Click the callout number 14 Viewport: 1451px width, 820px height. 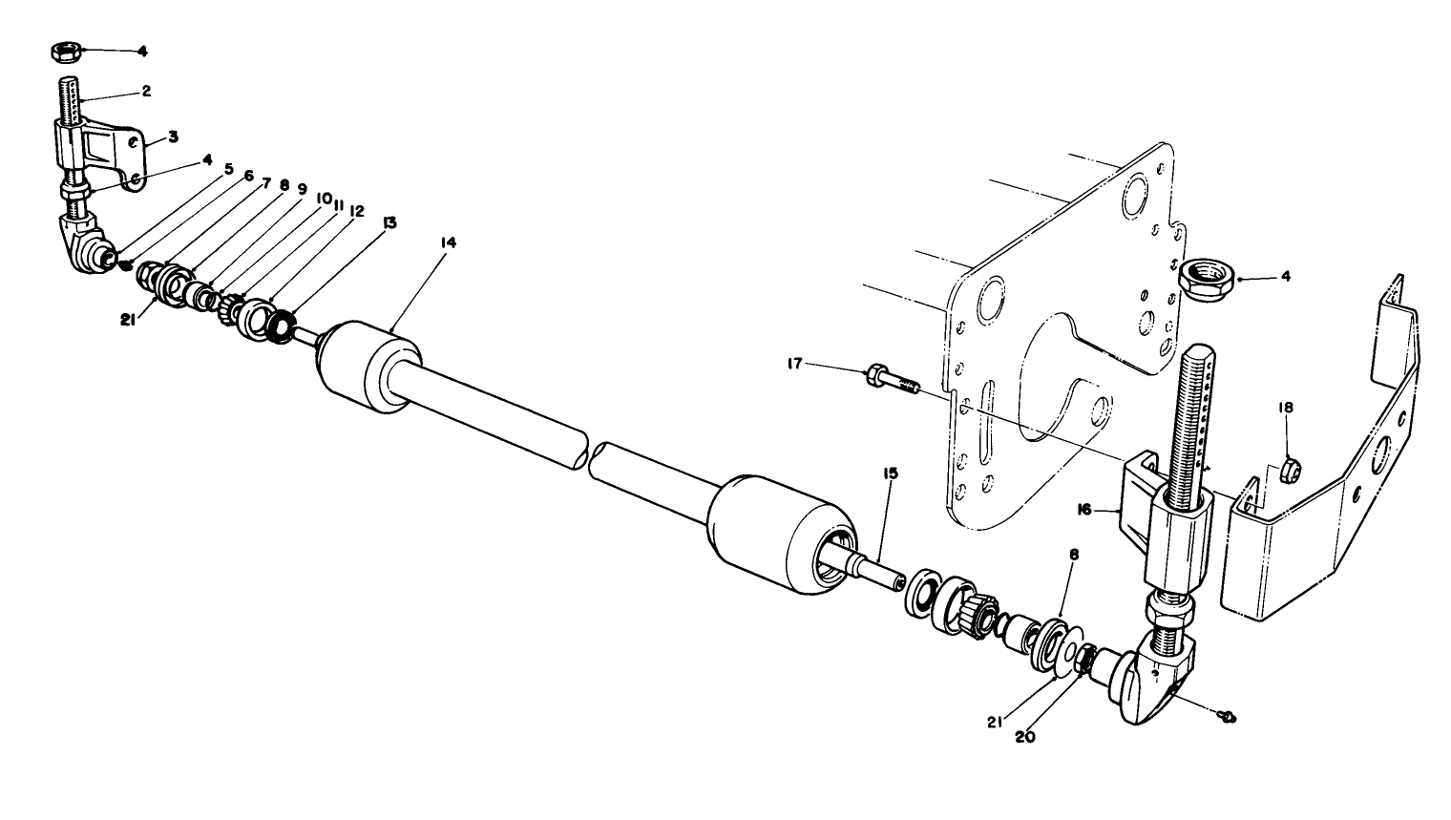(x=448, y=243)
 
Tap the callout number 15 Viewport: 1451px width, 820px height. (x=890, y=473)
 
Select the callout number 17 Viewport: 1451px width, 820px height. (x=794, y=364)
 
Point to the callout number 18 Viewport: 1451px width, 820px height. (x=1286, y=408)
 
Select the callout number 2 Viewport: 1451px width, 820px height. (x=146, y=92)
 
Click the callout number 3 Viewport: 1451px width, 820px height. (x=173, y=137)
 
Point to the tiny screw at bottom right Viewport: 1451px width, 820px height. (x=1230, y=714)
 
